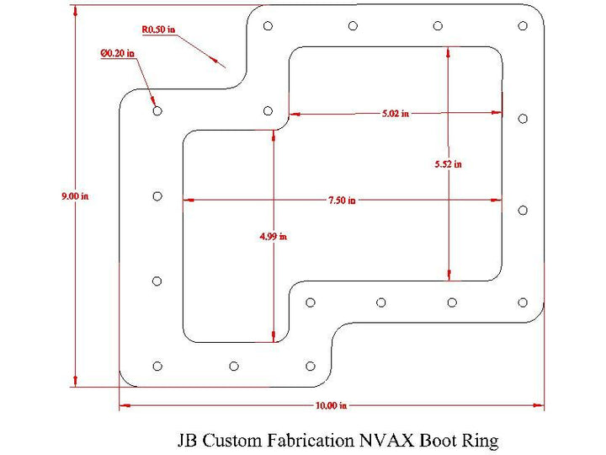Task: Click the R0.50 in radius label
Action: (x=158, y=29)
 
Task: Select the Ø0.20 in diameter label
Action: (x=118, y=54)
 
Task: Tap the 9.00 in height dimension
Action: (x=75, y=196)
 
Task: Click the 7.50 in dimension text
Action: (x=342, y=201)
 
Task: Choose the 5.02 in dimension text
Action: (x=395, y=114)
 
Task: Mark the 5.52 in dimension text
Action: (x=449, y=164)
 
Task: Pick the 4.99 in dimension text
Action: (x=274, y=237)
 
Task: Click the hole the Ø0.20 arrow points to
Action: (x=157, y=110)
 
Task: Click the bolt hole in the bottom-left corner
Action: (x=157, y=366)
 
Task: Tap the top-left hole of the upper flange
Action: (x=268, y=26)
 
